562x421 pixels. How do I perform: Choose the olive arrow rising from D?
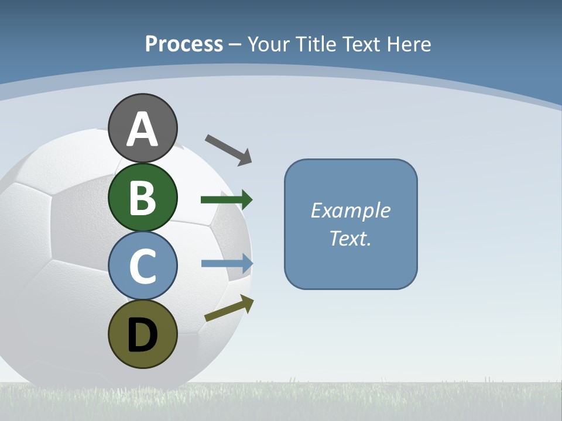229,308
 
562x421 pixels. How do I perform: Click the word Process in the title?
184,44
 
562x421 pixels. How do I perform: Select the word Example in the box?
350,210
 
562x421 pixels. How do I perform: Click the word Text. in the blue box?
350,239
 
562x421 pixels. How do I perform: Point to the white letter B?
142,198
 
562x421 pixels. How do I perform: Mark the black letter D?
142,335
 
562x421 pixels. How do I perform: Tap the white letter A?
142,129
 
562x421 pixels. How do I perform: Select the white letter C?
142,266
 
